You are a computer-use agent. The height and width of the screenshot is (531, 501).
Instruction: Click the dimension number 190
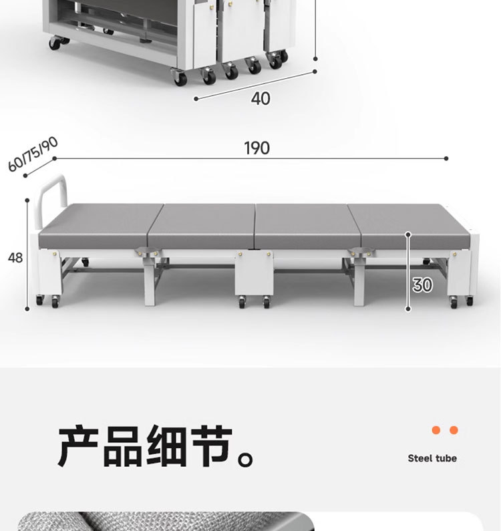click(x=257, y=148)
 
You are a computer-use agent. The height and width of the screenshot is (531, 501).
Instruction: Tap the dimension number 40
click(x=261, y=98)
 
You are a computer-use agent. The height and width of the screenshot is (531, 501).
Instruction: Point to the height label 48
click(x=15, y=257)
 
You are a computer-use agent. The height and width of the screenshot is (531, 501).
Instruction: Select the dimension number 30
click(x=422, y=285)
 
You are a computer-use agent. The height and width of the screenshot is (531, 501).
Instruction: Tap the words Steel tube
click(x=432, y=458)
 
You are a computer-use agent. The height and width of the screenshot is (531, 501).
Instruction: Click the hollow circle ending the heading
click(x=247, y=460)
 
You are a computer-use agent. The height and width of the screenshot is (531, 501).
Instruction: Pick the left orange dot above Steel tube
click(x=436, y=430)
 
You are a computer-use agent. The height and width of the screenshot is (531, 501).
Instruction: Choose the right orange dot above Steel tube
click(x=454, y=430)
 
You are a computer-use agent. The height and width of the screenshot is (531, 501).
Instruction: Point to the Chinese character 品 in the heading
click(x=123, y=446)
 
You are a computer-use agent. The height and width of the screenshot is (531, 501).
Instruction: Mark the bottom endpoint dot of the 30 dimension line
click(x=408, y=309)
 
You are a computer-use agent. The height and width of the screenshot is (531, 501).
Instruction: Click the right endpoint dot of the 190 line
click(x=446, y=159)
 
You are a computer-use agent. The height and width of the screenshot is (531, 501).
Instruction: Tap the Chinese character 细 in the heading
click(x=167, y=446)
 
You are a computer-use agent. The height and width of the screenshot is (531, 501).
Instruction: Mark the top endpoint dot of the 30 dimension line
click(x=408, y=234)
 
